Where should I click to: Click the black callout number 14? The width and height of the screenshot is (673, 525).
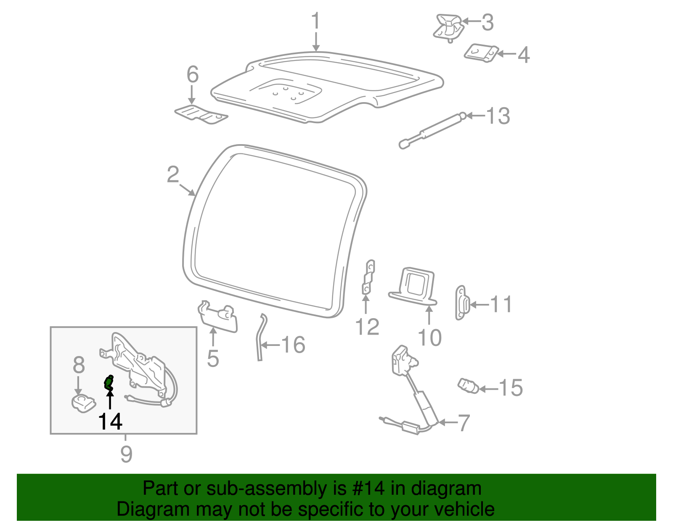tap(110, 422)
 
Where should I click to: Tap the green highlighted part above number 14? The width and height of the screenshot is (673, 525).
tap(109, 383)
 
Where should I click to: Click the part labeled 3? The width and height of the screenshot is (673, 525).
tap(449, 27)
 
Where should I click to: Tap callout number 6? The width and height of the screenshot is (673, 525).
tap(192, 75)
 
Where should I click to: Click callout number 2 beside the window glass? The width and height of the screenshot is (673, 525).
tap(173, 174)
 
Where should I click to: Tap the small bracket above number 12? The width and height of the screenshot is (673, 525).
tap(368, 277)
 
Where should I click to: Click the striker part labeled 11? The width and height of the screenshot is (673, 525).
tap(461, 303)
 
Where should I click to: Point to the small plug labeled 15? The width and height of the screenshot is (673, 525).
tap(468, 385)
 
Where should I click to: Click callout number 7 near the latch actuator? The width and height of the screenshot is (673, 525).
tap(463, 422)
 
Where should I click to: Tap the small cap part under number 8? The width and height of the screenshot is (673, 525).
tap(83, 404)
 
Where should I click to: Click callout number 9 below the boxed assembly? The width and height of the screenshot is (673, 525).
tap(126, 454)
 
